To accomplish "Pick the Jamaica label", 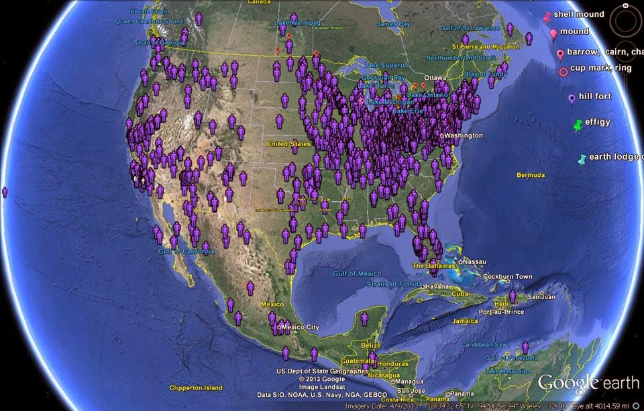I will (x=465, y=321).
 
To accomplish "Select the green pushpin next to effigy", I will (x=578, y=125).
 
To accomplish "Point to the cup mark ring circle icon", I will (x=562, y=70).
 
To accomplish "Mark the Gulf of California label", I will (x=186, y=251).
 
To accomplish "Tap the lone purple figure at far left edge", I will (x=5, y=192).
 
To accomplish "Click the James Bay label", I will (x=393, y=24).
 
